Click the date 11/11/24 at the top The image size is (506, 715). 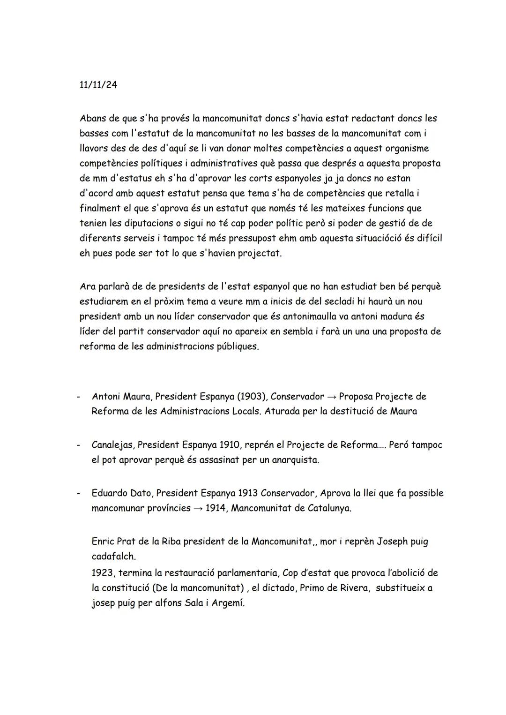point(98,85)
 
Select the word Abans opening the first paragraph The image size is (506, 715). point(93,118)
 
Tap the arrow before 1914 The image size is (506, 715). point(199,508)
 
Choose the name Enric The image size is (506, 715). point(103,541)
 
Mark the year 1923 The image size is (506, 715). point(102,572)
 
